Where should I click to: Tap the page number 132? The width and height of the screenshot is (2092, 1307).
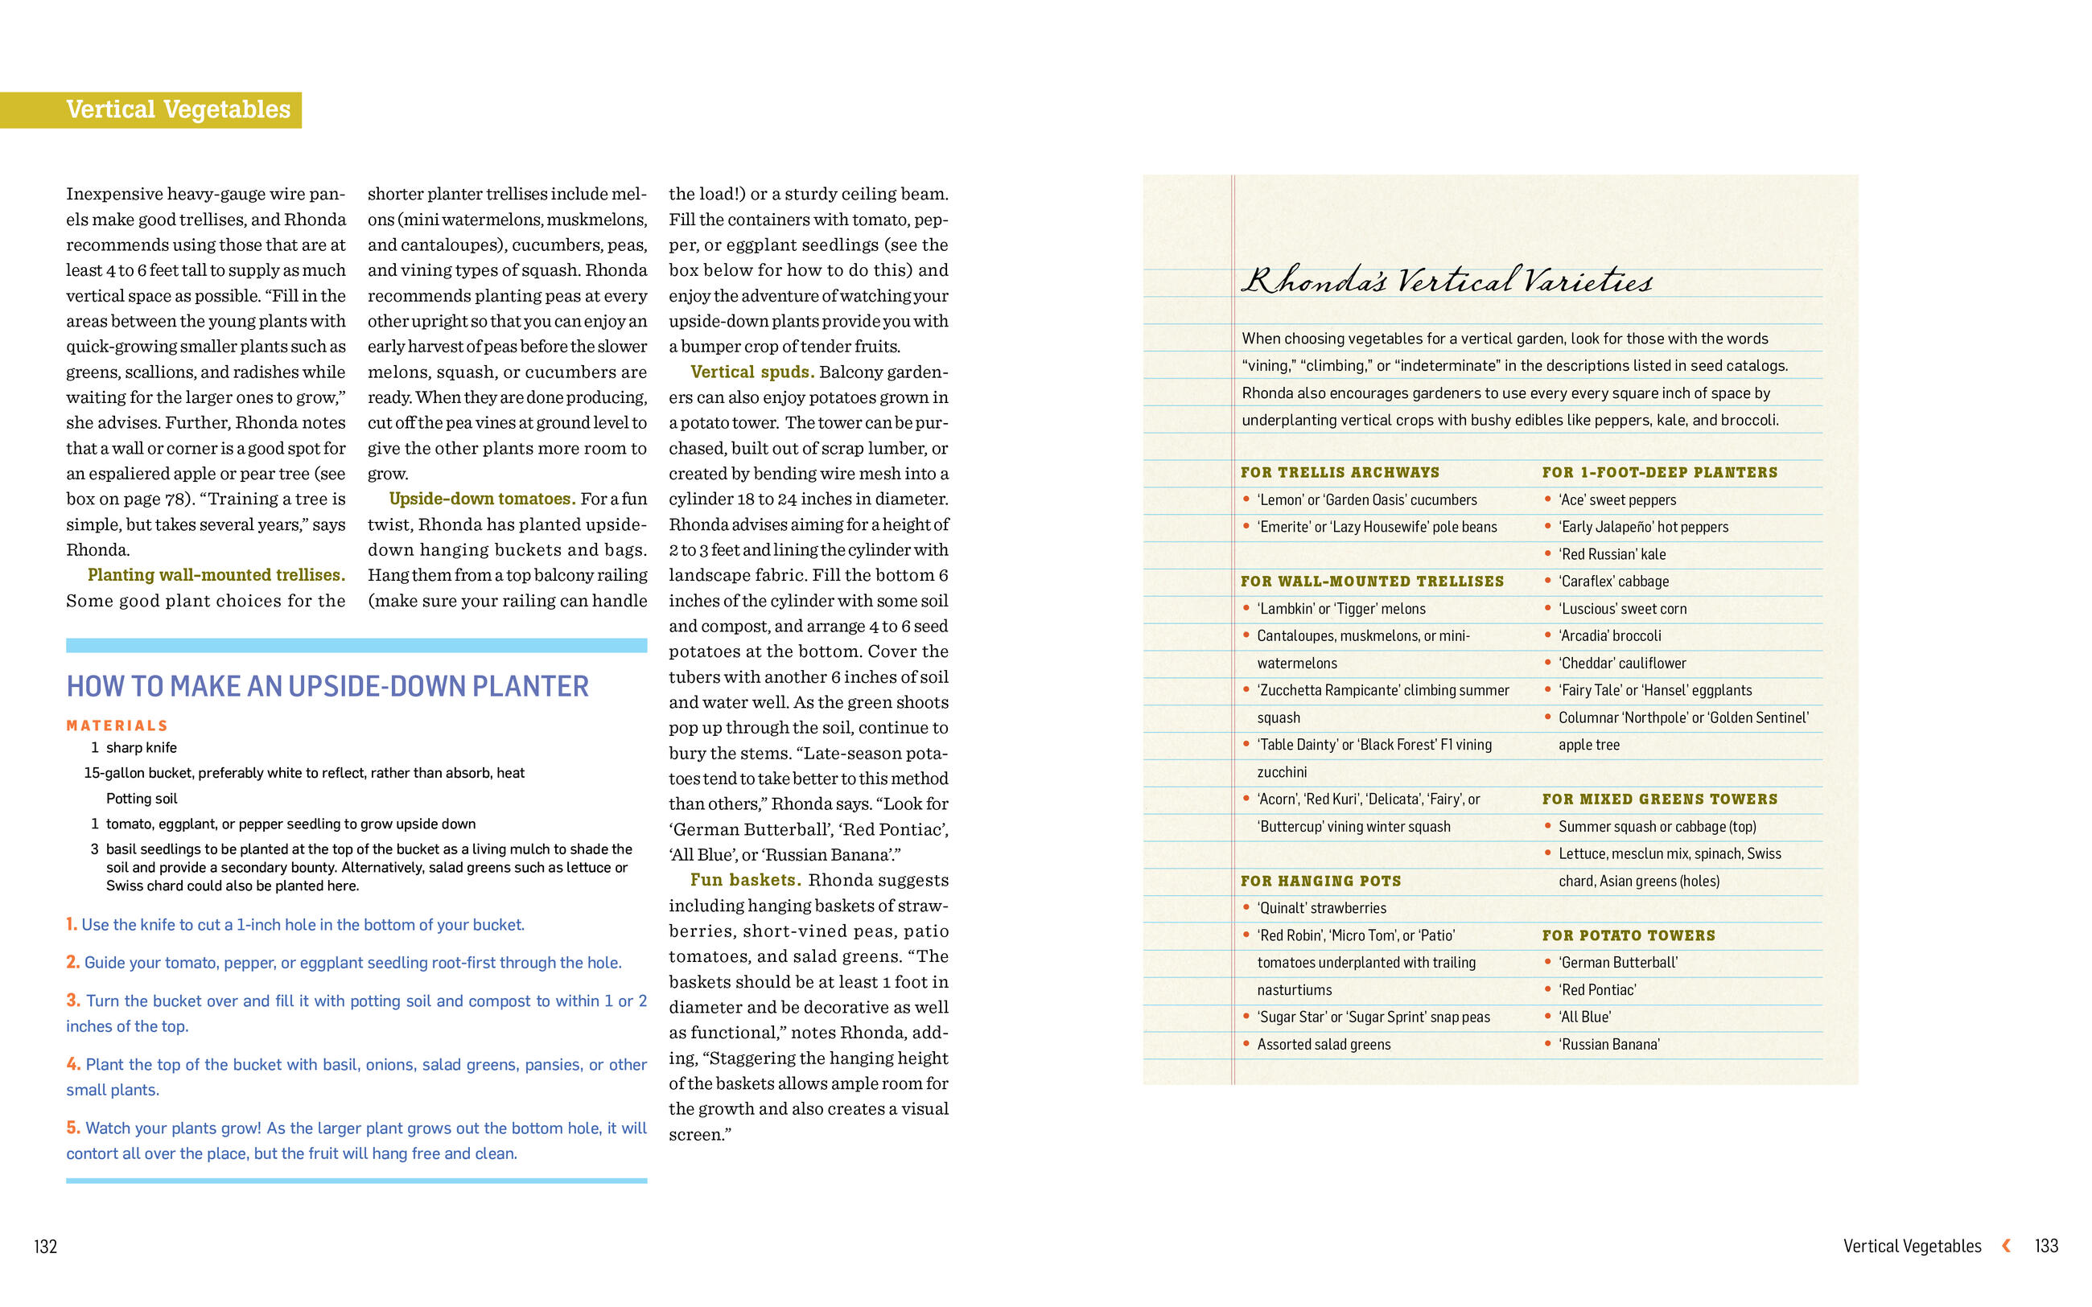pyautogui.click(x=45, y=1246)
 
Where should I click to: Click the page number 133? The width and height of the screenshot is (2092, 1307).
pyautogui.click(x=2045, y=1246)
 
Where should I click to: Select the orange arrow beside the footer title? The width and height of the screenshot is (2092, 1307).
pyautogui.click(x=2006, y=1245)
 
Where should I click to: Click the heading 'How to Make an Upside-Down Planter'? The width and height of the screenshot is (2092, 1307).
pyautogui.click(x=327, y=686)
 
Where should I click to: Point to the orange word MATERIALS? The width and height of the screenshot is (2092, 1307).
pyautogui.click(x=117, y=725)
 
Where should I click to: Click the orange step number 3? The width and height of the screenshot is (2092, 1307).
pyautogui.click(x=72, y=1000)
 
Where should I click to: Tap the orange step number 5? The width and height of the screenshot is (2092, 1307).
pyautogui.click(x=72, y=1127)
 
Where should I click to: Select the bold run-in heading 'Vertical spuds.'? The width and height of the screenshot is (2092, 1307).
pyautogui.click(x=752, y=372)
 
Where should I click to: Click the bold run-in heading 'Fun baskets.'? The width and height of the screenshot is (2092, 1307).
pyautogui.click(x=745, y=880)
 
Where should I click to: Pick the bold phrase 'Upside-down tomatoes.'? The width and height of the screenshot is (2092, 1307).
pyautogui.click(x=481, y=499)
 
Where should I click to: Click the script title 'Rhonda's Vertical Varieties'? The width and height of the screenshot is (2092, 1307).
pyautogui.click(x=1445, y=281)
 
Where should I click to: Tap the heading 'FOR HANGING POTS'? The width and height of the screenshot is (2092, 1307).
pyautogui.click(x=1320, y=881)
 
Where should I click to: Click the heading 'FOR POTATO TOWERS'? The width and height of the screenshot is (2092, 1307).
pyautogui.click(x=1628, y=935)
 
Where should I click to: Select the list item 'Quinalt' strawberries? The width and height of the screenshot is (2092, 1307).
pyautogui.click(x=1321, y=907)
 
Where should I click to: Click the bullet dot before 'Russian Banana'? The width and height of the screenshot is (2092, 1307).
pyautogui.click(x=1547, y=1043)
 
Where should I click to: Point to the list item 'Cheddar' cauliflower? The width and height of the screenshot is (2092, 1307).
pyautogui.click(x=1622, y=663)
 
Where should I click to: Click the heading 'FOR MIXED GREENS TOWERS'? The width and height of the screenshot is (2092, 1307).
pyautogui.click(x=1659, y=799)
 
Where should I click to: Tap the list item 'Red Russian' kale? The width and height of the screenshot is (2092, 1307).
pyautogui.click(x=1612, y=554)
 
